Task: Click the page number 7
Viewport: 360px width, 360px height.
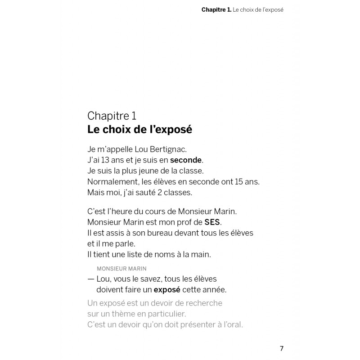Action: tap(282, 348)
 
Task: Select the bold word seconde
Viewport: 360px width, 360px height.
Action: tap(186, 160)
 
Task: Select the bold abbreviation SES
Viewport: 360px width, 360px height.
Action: tap(212, 222)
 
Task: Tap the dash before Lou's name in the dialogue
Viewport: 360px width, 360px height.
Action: tap(91, 279)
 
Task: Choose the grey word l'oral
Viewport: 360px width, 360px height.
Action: tap(232, 324)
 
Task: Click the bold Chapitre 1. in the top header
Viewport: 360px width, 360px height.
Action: tap(216, 9)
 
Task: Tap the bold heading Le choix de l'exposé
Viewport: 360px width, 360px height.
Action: tap(139, 130)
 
